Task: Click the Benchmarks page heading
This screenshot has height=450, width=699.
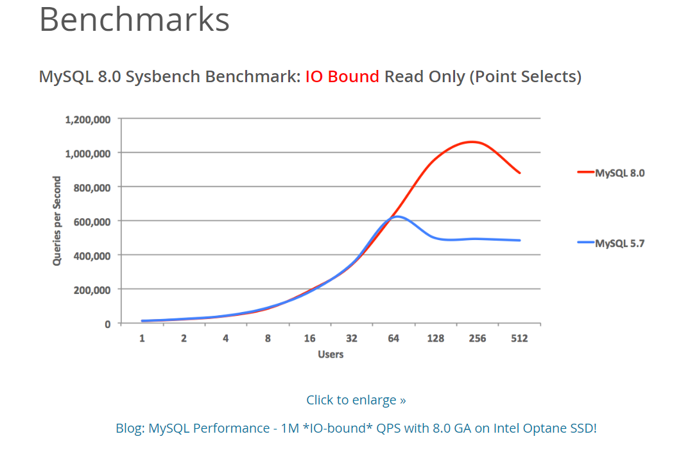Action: coord(134,19)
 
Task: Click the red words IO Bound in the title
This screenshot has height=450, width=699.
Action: coord(342,77)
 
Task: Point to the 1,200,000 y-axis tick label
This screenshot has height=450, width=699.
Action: coord(88,119)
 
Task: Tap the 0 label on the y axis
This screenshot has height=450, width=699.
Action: coord(107,324)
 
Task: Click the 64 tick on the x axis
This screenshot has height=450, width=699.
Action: coord(393,338)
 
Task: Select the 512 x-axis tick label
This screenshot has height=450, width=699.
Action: coord(519,338)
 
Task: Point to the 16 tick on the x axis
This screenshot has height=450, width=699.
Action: coord(309,338)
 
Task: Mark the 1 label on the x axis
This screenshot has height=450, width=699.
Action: coord(142,338)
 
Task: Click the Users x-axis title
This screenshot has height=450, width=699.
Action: coord(331,354)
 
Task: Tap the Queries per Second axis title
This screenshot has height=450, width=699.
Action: coord(57,221)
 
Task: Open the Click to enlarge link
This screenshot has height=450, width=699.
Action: coord(356,400)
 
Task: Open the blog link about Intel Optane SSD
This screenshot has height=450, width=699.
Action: coord(356,428)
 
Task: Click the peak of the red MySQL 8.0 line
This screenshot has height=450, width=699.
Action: coord(473,141)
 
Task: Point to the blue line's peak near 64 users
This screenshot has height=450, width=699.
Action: coord(397,216)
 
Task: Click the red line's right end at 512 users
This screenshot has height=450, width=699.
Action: coord(519,173)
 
